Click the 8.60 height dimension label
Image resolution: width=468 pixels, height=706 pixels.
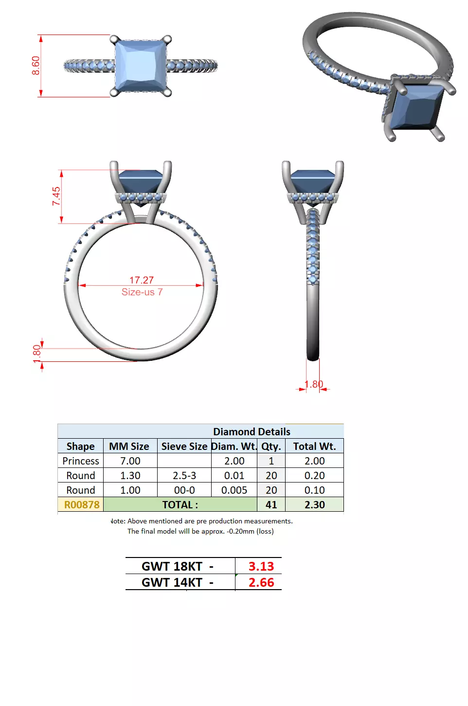(36, 65)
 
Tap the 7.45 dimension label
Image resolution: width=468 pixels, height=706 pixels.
(56, 196)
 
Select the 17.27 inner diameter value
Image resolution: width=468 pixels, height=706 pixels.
(141, 280)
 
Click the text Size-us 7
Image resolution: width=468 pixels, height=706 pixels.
(142, 292)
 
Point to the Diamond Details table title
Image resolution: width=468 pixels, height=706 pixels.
(251, 432)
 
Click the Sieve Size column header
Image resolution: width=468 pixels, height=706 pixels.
(184, 446)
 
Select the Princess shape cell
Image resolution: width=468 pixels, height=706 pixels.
(81, 461)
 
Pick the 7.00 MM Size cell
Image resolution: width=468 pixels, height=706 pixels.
(130, 461)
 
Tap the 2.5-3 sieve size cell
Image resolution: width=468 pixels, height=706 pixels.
(184, 476)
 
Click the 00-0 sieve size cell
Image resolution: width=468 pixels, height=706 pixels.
(184, 490)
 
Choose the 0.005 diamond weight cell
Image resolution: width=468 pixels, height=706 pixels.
(234, 490)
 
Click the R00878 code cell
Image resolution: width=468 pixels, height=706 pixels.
(81, 505)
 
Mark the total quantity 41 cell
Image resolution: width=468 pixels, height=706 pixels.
(271, 505)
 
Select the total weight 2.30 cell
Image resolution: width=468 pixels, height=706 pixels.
(314, 505)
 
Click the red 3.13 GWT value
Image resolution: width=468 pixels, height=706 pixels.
(261, 566)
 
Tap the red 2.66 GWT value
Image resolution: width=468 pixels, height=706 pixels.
(261, 582)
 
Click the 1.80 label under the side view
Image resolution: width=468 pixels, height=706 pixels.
(314, 384)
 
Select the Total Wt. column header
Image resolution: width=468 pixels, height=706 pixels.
(314, 446)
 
